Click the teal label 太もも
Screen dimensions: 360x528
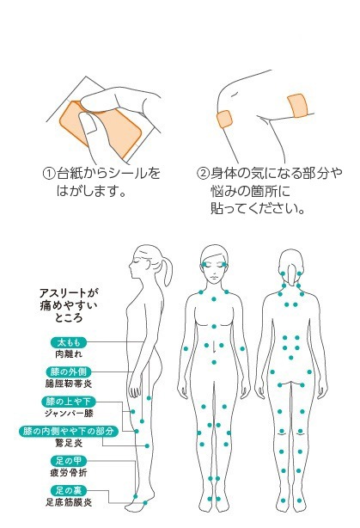pos(69,342)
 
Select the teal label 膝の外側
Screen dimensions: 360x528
pos(69,372)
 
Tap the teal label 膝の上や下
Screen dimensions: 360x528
pos(69,402)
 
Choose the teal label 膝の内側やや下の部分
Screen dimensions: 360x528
pos(69,432)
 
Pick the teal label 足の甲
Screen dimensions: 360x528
pos(69,461)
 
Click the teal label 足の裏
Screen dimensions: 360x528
pos(69,491)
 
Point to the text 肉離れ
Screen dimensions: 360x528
pos(69,354)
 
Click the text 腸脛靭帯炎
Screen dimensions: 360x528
pos(69,384)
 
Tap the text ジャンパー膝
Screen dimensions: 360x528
pos(69,413)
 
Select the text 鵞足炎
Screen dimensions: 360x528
pos(69,443)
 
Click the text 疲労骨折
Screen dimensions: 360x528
pos(69,473)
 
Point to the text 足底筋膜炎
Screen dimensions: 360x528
pos(69,502)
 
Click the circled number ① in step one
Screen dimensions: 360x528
pos(49,174)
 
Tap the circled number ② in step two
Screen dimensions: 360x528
pos(203,174)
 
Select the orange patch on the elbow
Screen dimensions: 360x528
pos(224,120)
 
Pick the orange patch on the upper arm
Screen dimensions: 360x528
pos(297,107)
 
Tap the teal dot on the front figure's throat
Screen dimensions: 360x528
pos(214,299)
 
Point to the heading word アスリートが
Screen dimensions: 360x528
pos(69,293)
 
